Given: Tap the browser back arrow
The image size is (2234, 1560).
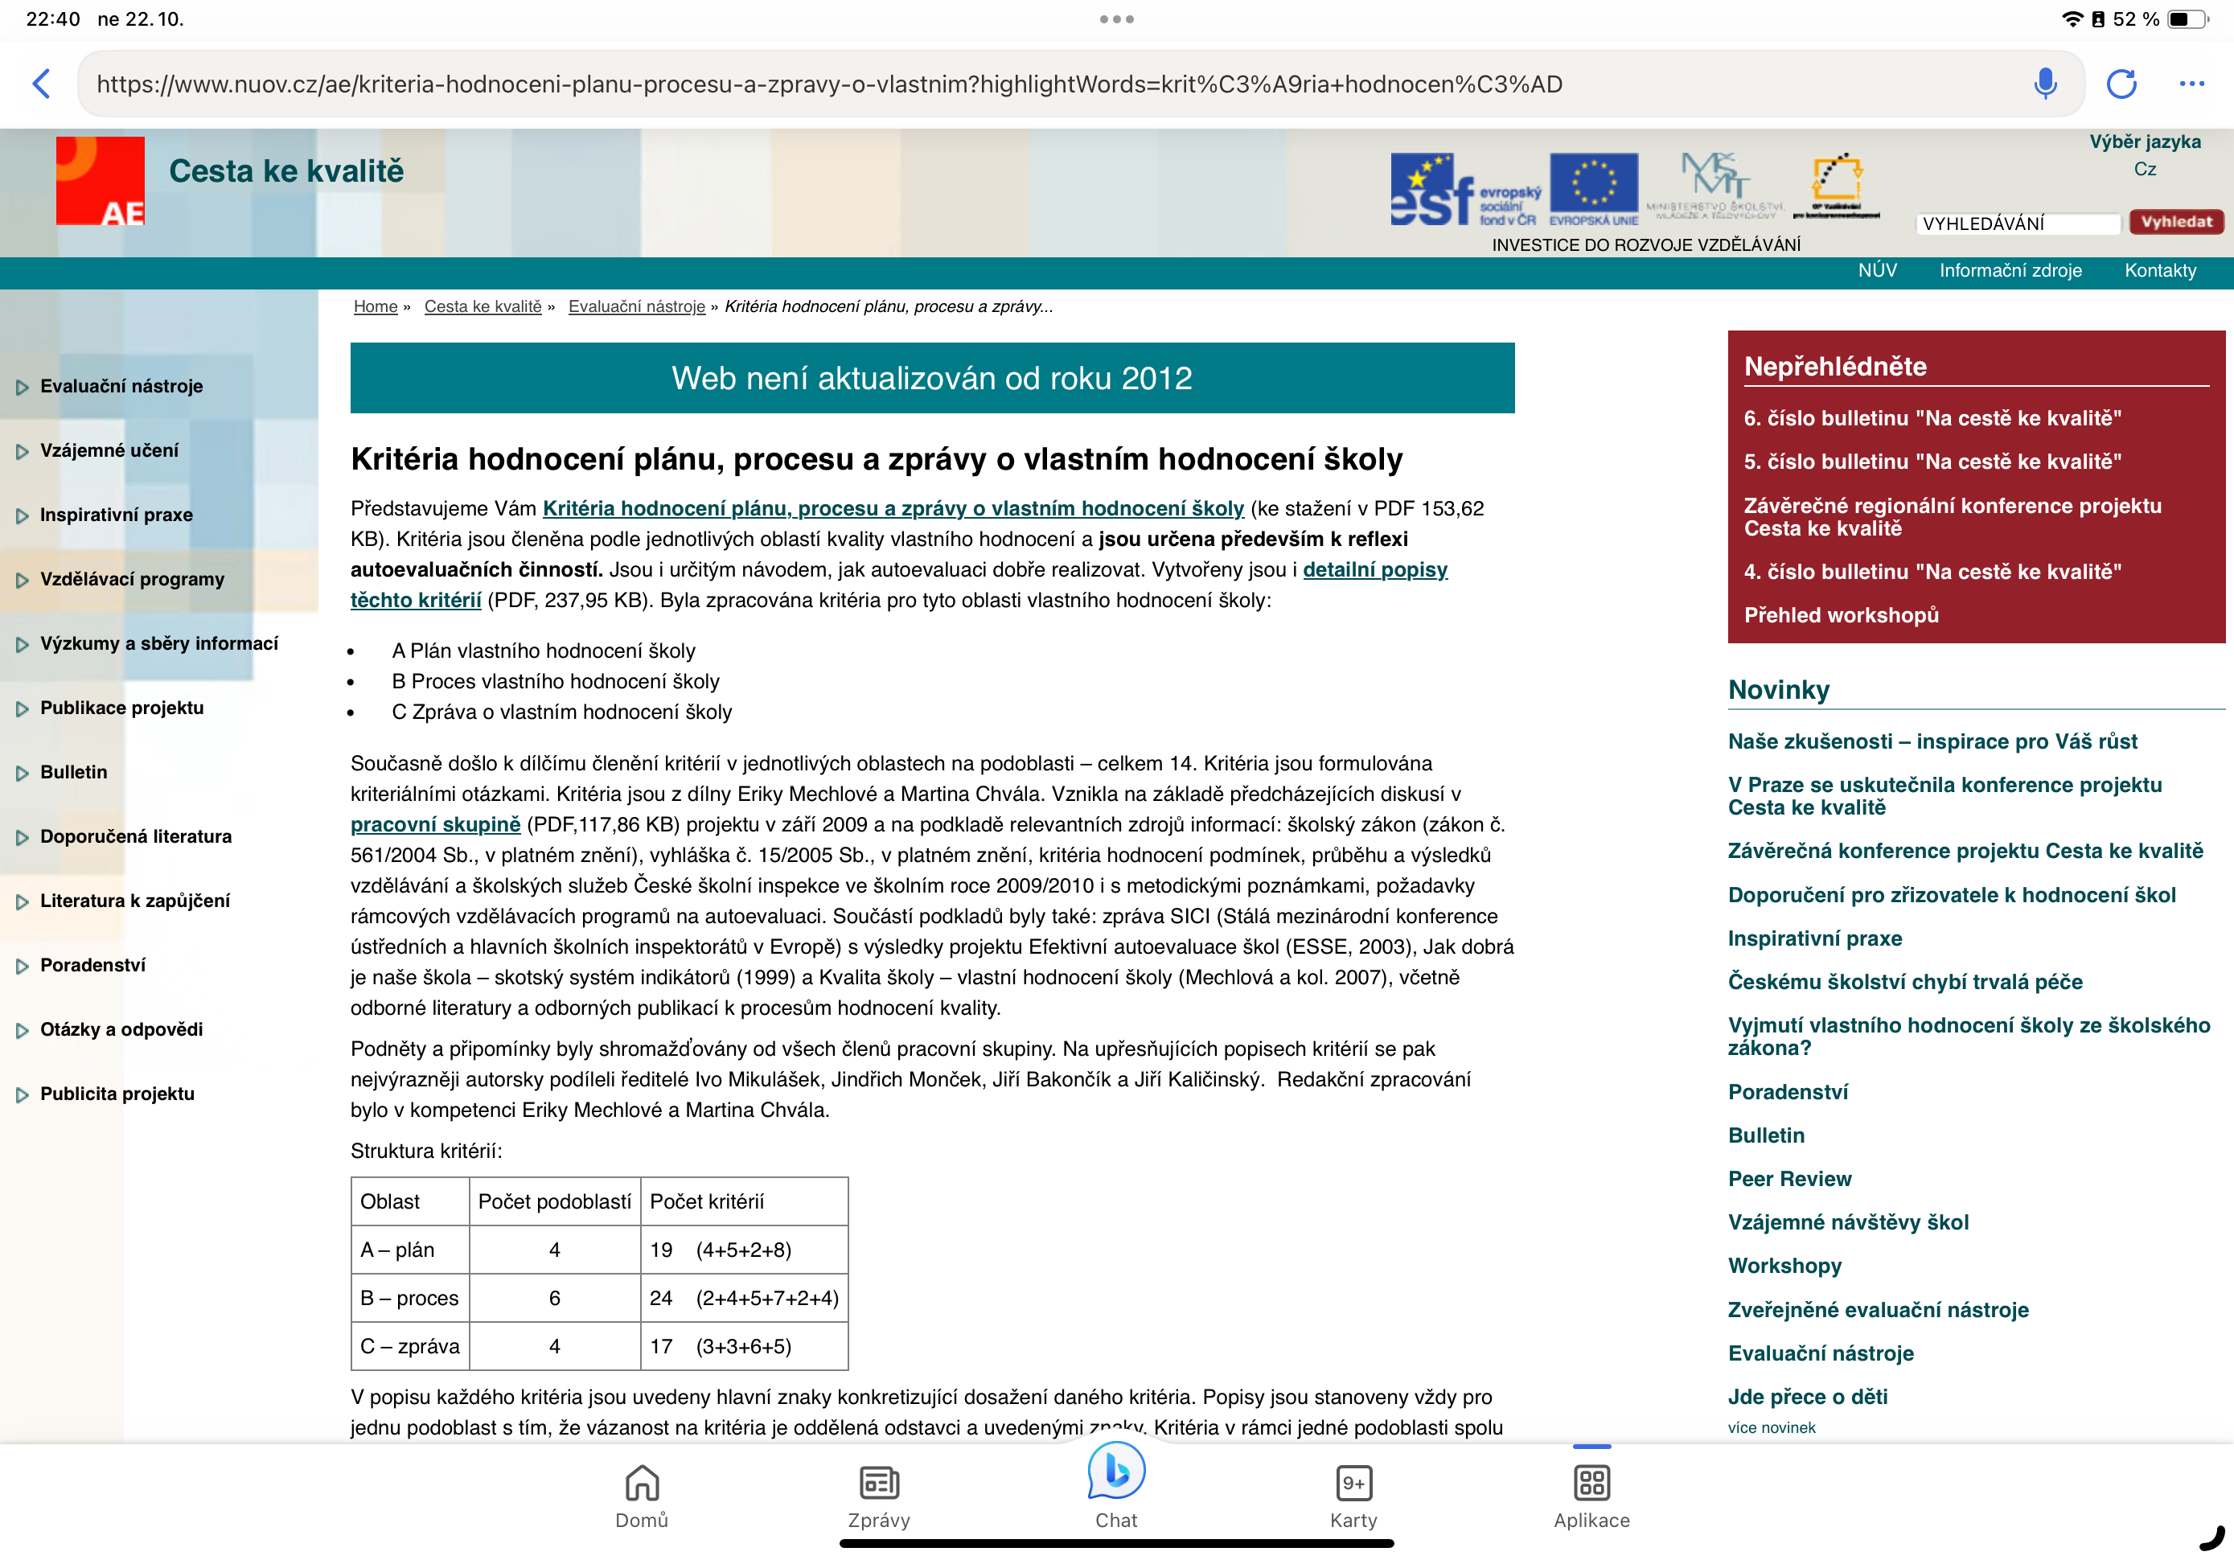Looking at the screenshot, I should click(x=42, y=84).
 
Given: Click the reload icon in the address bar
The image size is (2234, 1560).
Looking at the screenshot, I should click(x=2121, y=84).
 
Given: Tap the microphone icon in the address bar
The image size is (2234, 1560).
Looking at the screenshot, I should click(x=2045, y=84).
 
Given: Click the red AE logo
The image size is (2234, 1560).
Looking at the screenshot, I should click(x=101, y=181).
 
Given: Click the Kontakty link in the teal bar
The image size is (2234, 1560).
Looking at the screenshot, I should click(x=2159, y=270).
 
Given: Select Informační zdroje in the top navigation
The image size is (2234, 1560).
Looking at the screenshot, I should click(x=2010, y=270).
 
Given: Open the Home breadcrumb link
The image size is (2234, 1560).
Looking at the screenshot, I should click(x=375, y=306).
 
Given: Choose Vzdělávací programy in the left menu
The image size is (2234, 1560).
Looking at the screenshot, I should click(x=131, y=579).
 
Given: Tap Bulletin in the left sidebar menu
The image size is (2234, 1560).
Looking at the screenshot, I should click(x=74, y=772).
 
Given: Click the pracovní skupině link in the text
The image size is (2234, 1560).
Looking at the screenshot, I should click(x=435, y=824).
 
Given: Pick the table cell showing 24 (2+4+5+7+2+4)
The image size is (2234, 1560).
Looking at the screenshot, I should click(x=743, y=1297).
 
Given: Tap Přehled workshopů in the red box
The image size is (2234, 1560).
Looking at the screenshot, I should click(x=1840, y=615).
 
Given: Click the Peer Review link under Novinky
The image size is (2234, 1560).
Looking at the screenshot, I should click(x=1788, y=1179).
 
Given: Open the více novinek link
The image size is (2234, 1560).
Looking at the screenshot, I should click(x=1771, y=1427).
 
